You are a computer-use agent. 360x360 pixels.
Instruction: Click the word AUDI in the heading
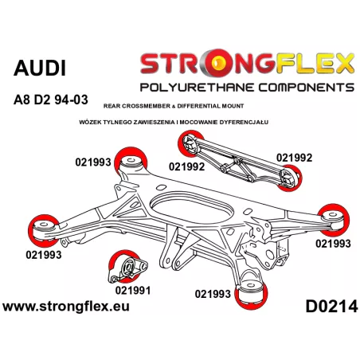coord(40,68)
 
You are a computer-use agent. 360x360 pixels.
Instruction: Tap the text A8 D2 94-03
coord(51,100)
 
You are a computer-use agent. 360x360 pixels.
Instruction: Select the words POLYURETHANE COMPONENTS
coord(247,88)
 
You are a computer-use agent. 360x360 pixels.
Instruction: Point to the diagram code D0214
coord(331,307)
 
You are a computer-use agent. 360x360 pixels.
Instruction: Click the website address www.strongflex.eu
coord(66,307)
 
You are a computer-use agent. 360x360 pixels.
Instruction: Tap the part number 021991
coord(133,291)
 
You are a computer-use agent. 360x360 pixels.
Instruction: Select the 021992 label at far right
coord(294,158)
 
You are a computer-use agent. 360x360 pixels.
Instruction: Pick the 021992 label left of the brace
coord(186,166)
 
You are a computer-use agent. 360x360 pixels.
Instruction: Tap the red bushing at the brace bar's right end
coord(291,178)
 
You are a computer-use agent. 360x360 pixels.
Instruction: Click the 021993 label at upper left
coord(93,162)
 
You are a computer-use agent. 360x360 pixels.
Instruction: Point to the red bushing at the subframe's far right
coord(334,220)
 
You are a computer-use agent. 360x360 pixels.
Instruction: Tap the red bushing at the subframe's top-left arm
coord(131,161)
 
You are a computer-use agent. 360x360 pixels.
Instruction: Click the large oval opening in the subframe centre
coord(192,208)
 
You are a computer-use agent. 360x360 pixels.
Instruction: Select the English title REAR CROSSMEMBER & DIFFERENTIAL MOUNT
coord(174,106)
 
